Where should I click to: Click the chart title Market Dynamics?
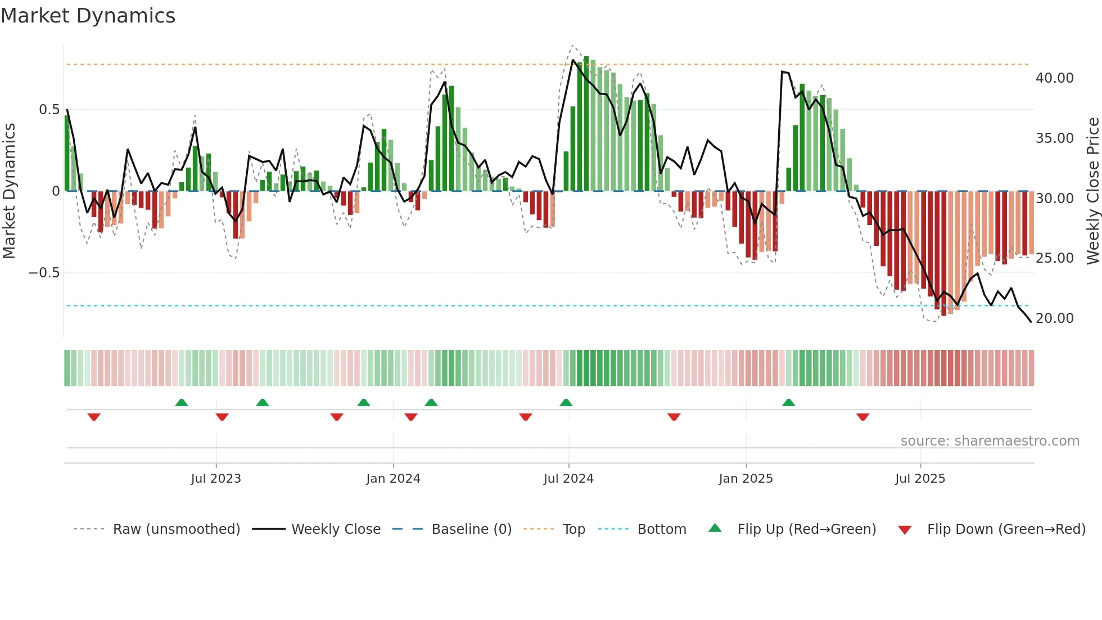click(x=88, y=16)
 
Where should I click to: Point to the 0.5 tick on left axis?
click(x=49, y=110)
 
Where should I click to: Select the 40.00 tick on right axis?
click(x=1054, y=78)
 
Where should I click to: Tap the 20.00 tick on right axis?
click(x=1054, y=318)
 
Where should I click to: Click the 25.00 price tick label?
click(x=1054, y=258)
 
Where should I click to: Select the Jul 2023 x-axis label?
click(x=216, y=479)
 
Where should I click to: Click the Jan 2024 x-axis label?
click(x=393, y=479)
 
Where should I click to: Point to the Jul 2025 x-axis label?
click(x=920, y=479)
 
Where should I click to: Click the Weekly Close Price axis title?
click(x=1092, y=191)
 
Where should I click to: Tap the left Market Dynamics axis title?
click(x=10, y=191)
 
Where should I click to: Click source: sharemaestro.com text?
click(x=990, y=441)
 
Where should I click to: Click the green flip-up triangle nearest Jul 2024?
click(x=566, y=403)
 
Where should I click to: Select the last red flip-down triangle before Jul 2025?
click(x=863, y=417)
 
